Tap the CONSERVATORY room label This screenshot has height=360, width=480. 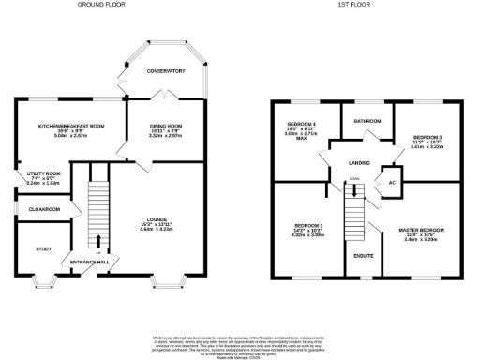pyautogui.click(x=163, y=71)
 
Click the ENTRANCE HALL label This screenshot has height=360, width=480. pyautogui.click(x=81, y=262)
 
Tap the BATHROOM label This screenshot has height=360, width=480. pyautogui.click(x=367, y=120)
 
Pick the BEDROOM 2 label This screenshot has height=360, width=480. pyautogui.click(x=308, y=226)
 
